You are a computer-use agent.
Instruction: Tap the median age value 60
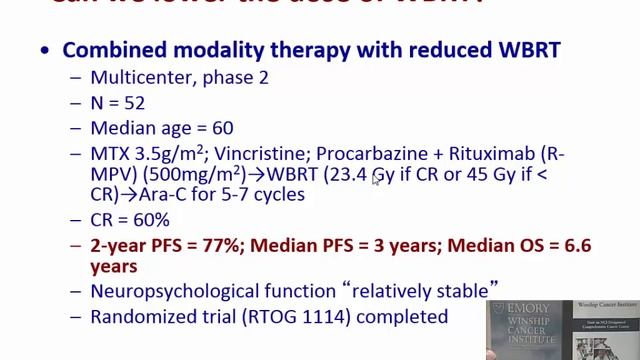pos(223,128)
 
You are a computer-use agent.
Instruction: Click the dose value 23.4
pos(349,175)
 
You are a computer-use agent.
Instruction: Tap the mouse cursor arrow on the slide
pos(376,178)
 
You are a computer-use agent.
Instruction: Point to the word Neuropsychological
pos(177,291)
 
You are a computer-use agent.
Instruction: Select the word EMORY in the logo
pos(527,314)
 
